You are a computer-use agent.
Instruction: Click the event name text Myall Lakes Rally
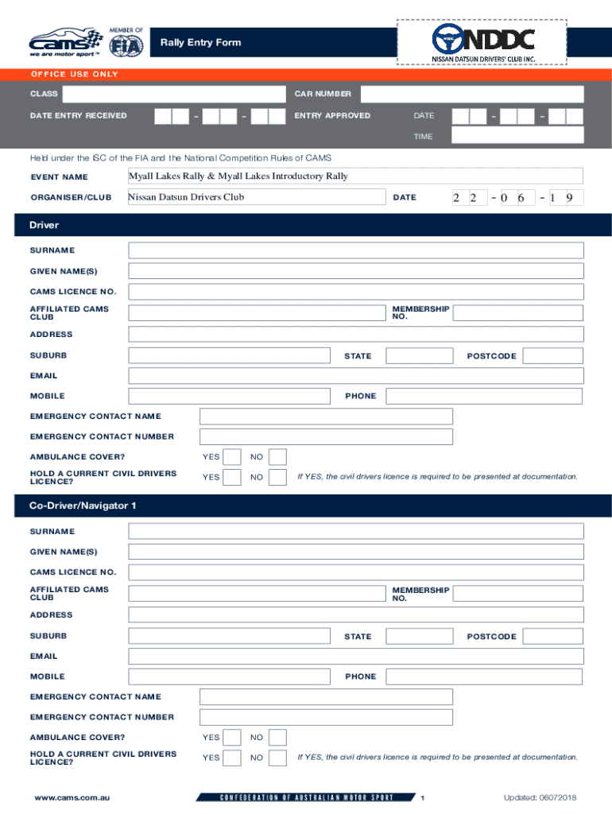238,176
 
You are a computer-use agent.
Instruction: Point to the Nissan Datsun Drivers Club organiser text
187,197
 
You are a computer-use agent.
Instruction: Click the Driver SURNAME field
355,250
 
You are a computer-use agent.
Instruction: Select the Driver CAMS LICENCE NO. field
355,292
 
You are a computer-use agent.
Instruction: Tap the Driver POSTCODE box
553,355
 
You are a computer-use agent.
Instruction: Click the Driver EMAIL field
355,375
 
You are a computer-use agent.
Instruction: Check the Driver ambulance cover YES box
232,457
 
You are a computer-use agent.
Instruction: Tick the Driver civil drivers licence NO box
277,477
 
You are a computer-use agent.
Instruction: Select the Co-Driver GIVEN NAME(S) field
355,552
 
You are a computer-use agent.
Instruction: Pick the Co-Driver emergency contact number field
326,717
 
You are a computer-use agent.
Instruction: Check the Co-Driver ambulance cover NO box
277,738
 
